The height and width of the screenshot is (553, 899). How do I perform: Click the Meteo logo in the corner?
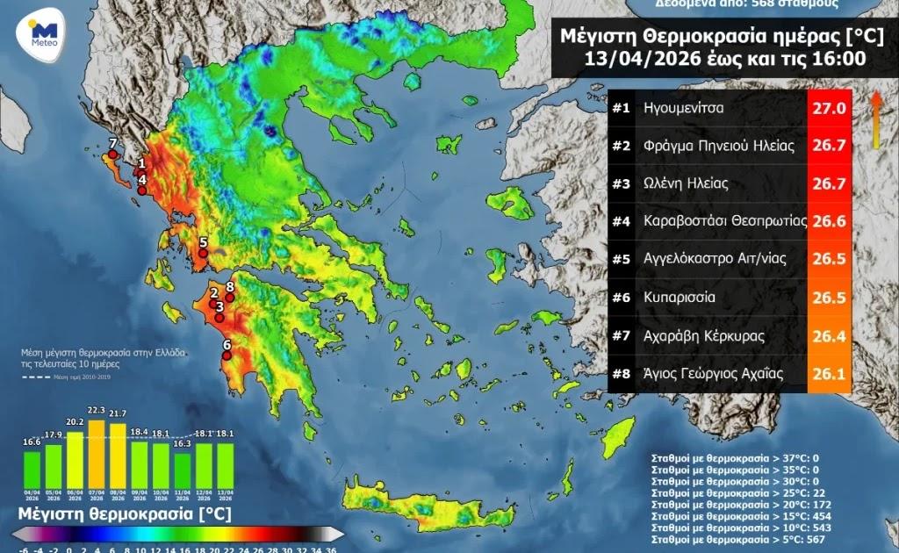click(x=40, y=35)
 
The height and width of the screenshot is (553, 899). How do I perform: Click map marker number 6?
click(x=227, y=355)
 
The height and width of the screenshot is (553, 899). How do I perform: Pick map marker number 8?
click(x=230, y=297)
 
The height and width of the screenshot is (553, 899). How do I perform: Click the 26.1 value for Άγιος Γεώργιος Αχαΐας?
click(x=831, y=374)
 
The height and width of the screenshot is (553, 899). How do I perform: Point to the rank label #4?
click(x=622, y=221)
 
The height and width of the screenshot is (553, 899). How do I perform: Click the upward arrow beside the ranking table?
click(x=875, y=120)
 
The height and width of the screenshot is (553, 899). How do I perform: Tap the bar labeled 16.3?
click(x=182, y=470)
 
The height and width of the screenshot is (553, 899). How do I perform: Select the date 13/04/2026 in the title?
click(x=667, y=60)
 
